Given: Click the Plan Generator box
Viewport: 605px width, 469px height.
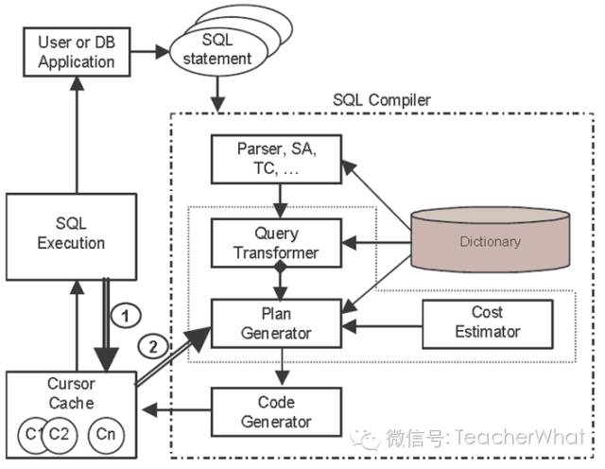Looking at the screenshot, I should tap(276, 324).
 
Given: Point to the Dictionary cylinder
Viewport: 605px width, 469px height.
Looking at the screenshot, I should tap(490, 241).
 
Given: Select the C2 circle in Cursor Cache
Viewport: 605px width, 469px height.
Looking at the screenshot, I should tap(58, 434).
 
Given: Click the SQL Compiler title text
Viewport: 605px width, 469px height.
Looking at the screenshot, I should tap(383, 99).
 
